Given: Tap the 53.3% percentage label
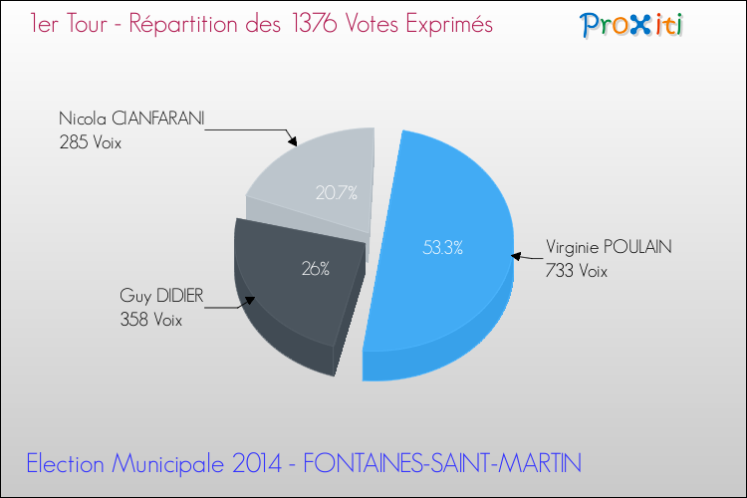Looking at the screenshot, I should click(x=442, y=249).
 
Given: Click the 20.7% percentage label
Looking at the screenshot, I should click(x=337, y=193).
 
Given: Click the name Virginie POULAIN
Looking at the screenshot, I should click(x=609, y=249).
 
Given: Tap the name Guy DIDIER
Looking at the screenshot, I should click(x=161, y=297).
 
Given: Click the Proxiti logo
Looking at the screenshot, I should click(x=630, y=25).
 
